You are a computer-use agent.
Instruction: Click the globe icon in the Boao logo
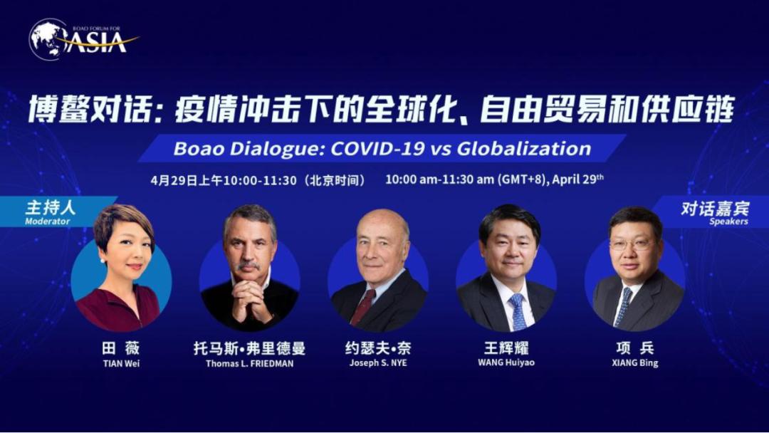pos(48,39)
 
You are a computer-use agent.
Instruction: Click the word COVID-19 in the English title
pos(377,149)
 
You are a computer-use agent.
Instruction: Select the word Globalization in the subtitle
pos(524,149)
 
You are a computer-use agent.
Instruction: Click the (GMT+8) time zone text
pos(522,179)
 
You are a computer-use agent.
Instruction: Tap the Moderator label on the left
pos(47,221)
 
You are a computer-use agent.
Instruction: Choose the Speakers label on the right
pos(728,221)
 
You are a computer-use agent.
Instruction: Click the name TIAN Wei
pos(121,363)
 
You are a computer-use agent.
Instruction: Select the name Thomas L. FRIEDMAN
pos(250,363)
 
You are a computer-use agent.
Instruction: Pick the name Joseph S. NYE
pos(378,363)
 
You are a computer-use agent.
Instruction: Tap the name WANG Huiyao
pos(506,362)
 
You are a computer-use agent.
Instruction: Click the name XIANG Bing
pos(635,363)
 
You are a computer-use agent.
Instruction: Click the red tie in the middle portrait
pos(362,307)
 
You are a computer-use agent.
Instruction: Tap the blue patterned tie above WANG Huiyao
pos(518,312)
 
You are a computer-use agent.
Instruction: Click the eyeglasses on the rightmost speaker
pos(632,244)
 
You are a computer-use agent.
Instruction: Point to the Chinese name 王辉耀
pos(506,348)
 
